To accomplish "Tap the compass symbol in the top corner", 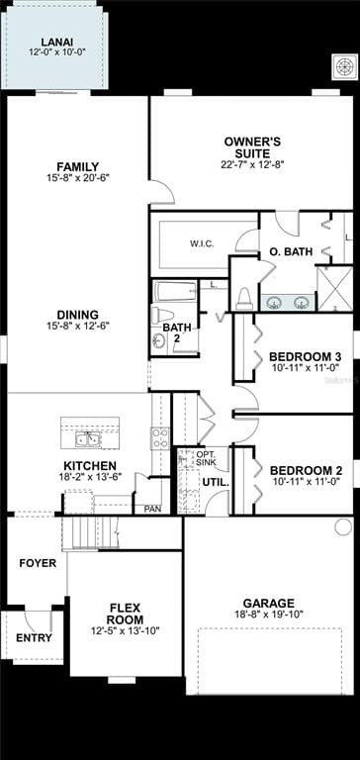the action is click(345, 67).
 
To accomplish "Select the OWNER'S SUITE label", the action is click(252, 147).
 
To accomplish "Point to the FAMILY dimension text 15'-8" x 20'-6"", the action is click(77, 178).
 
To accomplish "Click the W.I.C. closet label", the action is click(202, 243).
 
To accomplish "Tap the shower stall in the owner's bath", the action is click(334, 289).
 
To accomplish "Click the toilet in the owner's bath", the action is click(244, 299).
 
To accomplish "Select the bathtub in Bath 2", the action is click(175, 291).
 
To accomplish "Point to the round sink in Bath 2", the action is click(159, 342).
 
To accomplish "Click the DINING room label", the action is click(77, 315).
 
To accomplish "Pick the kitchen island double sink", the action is click(88, 440).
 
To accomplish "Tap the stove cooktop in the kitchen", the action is click(160, 438).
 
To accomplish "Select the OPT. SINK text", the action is click(206, 459).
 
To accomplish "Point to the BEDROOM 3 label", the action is click(306, 357).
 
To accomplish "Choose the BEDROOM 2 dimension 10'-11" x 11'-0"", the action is click(306, 481).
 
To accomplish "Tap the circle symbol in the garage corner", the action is click(343, 526).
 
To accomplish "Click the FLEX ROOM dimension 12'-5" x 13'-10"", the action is click(126, 631).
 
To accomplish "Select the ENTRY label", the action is click(34, 638).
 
